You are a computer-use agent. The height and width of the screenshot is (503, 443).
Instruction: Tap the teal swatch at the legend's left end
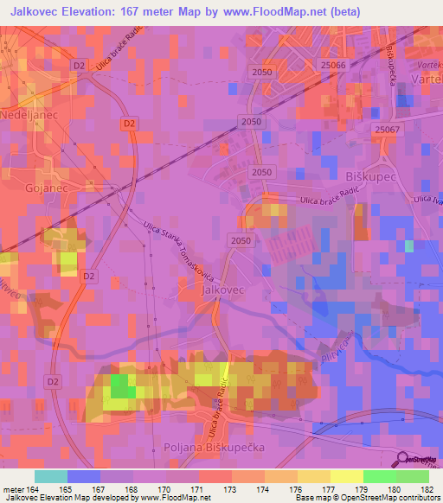pos(50,476)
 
